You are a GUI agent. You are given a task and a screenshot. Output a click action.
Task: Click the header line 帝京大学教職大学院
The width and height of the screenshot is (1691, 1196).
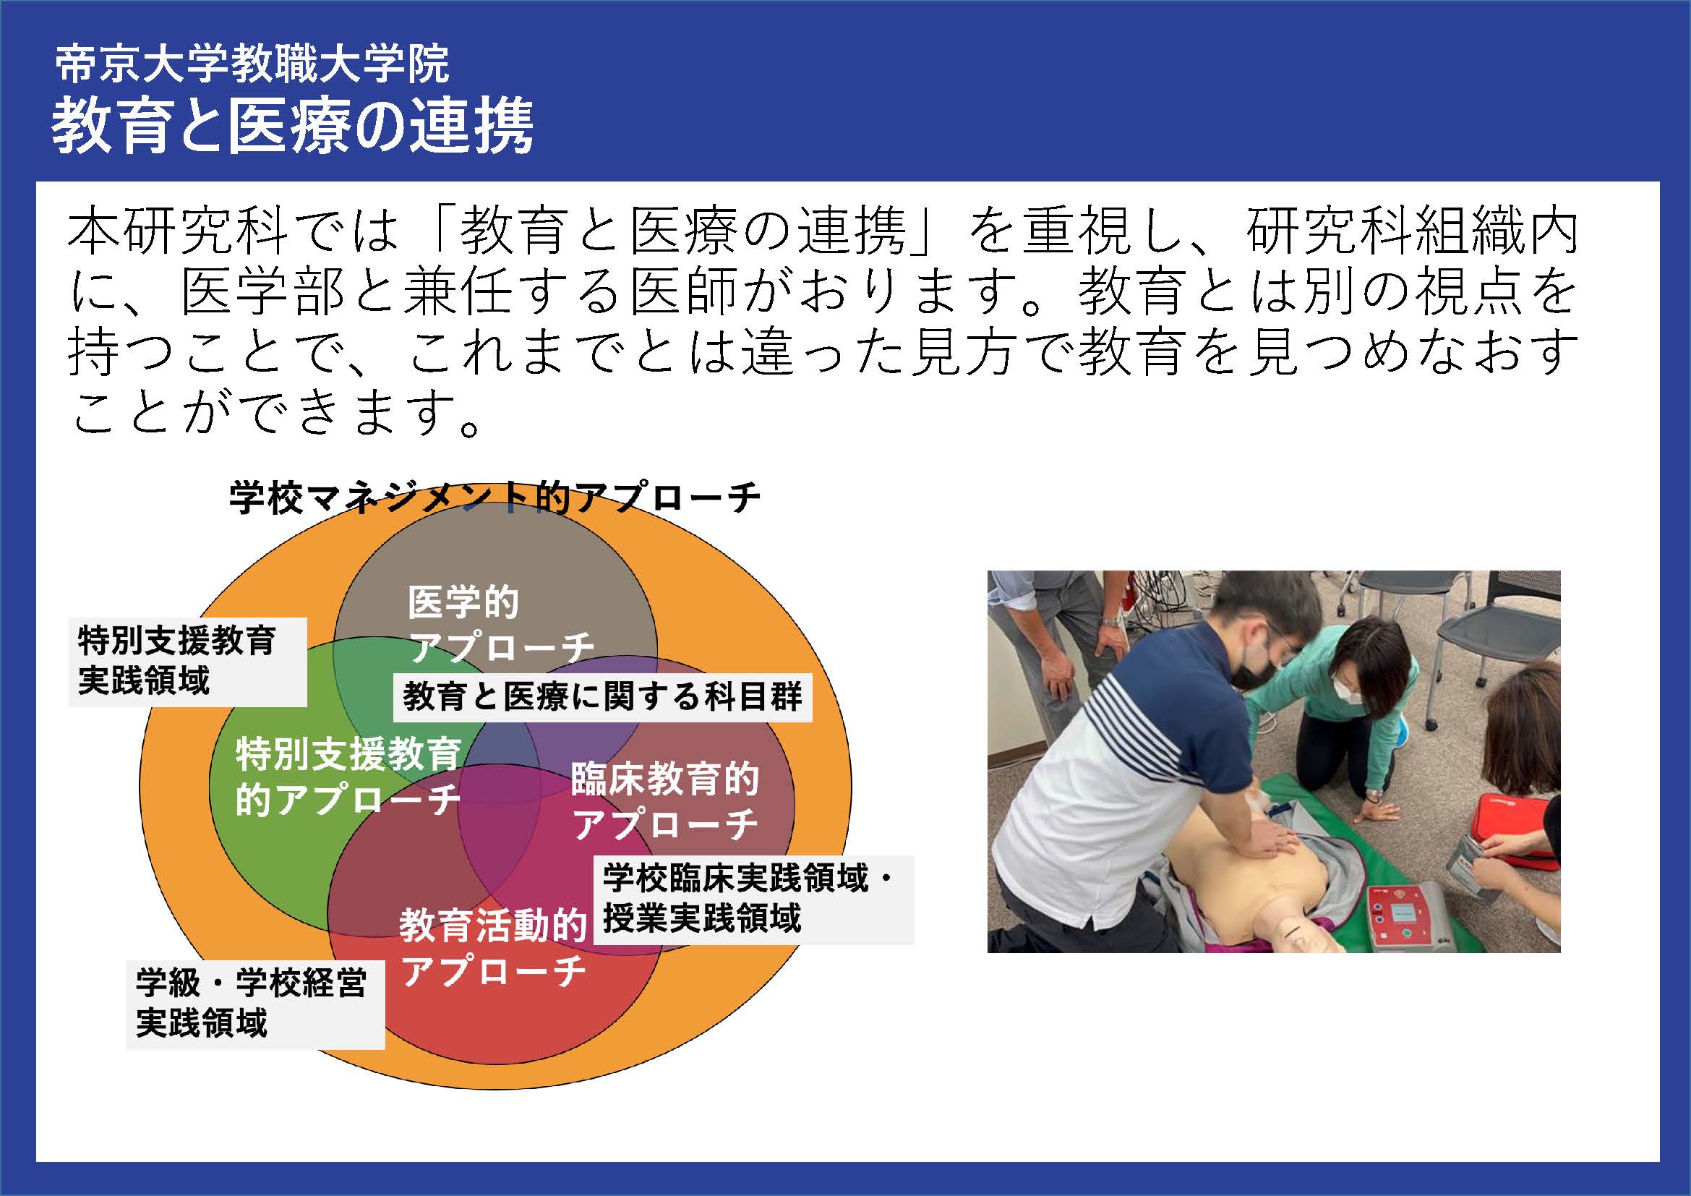coord(252,65)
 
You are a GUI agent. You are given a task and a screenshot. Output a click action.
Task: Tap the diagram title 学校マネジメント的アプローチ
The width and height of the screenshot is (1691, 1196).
coord(495,497)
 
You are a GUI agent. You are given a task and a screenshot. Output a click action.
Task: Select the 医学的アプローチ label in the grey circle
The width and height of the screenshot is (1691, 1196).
coord(501,625)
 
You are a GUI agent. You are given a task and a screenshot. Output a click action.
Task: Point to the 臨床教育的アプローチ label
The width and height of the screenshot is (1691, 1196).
coord(665,801)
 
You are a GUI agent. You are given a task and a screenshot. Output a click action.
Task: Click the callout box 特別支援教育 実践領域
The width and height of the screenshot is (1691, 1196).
coord(187,662)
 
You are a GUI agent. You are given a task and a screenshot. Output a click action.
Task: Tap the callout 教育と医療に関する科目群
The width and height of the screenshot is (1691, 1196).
coord(602,696)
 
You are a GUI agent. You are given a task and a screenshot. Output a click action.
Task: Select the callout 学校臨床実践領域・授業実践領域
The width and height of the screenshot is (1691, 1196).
coord(754,900)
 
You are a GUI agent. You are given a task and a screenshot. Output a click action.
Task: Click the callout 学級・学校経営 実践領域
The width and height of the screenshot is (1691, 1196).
coord(254,1004)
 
